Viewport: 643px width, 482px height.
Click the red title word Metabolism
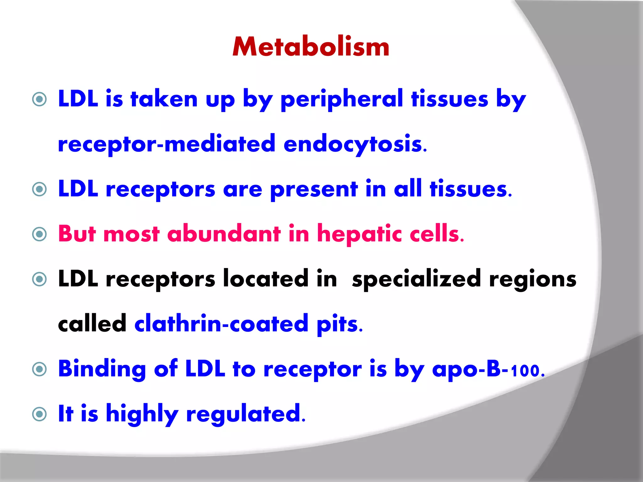[x=311, y=47]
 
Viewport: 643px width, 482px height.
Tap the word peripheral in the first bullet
[x=341, y=100]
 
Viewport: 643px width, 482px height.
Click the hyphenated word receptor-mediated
[x=166, y=144]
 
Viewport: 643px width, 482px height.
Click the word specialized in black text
[x=416, y=279]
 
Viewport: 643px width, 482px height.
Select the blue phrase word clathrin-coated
[x=221, y=324]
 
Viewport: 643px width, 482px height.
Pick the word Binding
[x=102, y=370]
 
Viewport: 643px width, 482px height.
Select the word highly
[x=142, y=414]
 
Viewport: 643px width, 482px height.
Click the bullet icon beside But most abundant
[x=40, y=234]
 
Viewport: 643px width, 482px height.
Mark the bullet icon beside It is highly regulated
[x=40, y=414]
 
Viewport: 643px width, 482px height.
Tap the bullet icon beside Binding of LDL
[x=40, y=369]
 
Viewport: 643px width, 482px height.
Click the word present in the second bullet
[x=314, y=190]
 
